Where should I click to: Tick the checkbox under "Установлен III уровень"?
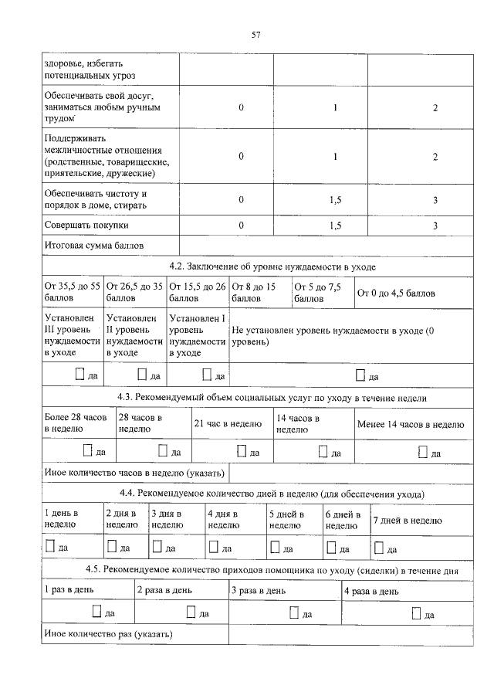[x=81, y=374]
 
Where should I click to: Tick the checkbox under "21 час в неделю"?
[x=242, y=450]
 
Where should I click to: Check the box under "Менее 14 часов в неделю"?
[x=421, y=451]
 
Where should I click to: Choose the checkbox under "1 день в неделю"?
[x=50, y=547]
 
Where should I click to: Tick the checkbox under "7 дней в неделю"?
[x=379, y=547]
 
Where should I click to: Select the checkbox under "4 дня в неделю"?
[x=215, y=547]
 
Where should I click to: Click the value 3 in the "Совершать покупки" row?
[x=435, y=226]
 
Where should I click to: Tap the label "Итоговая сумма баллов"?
[x=95, y=246]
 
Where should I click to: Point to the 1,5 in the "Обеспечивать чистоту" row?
[x=336, y=200]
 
